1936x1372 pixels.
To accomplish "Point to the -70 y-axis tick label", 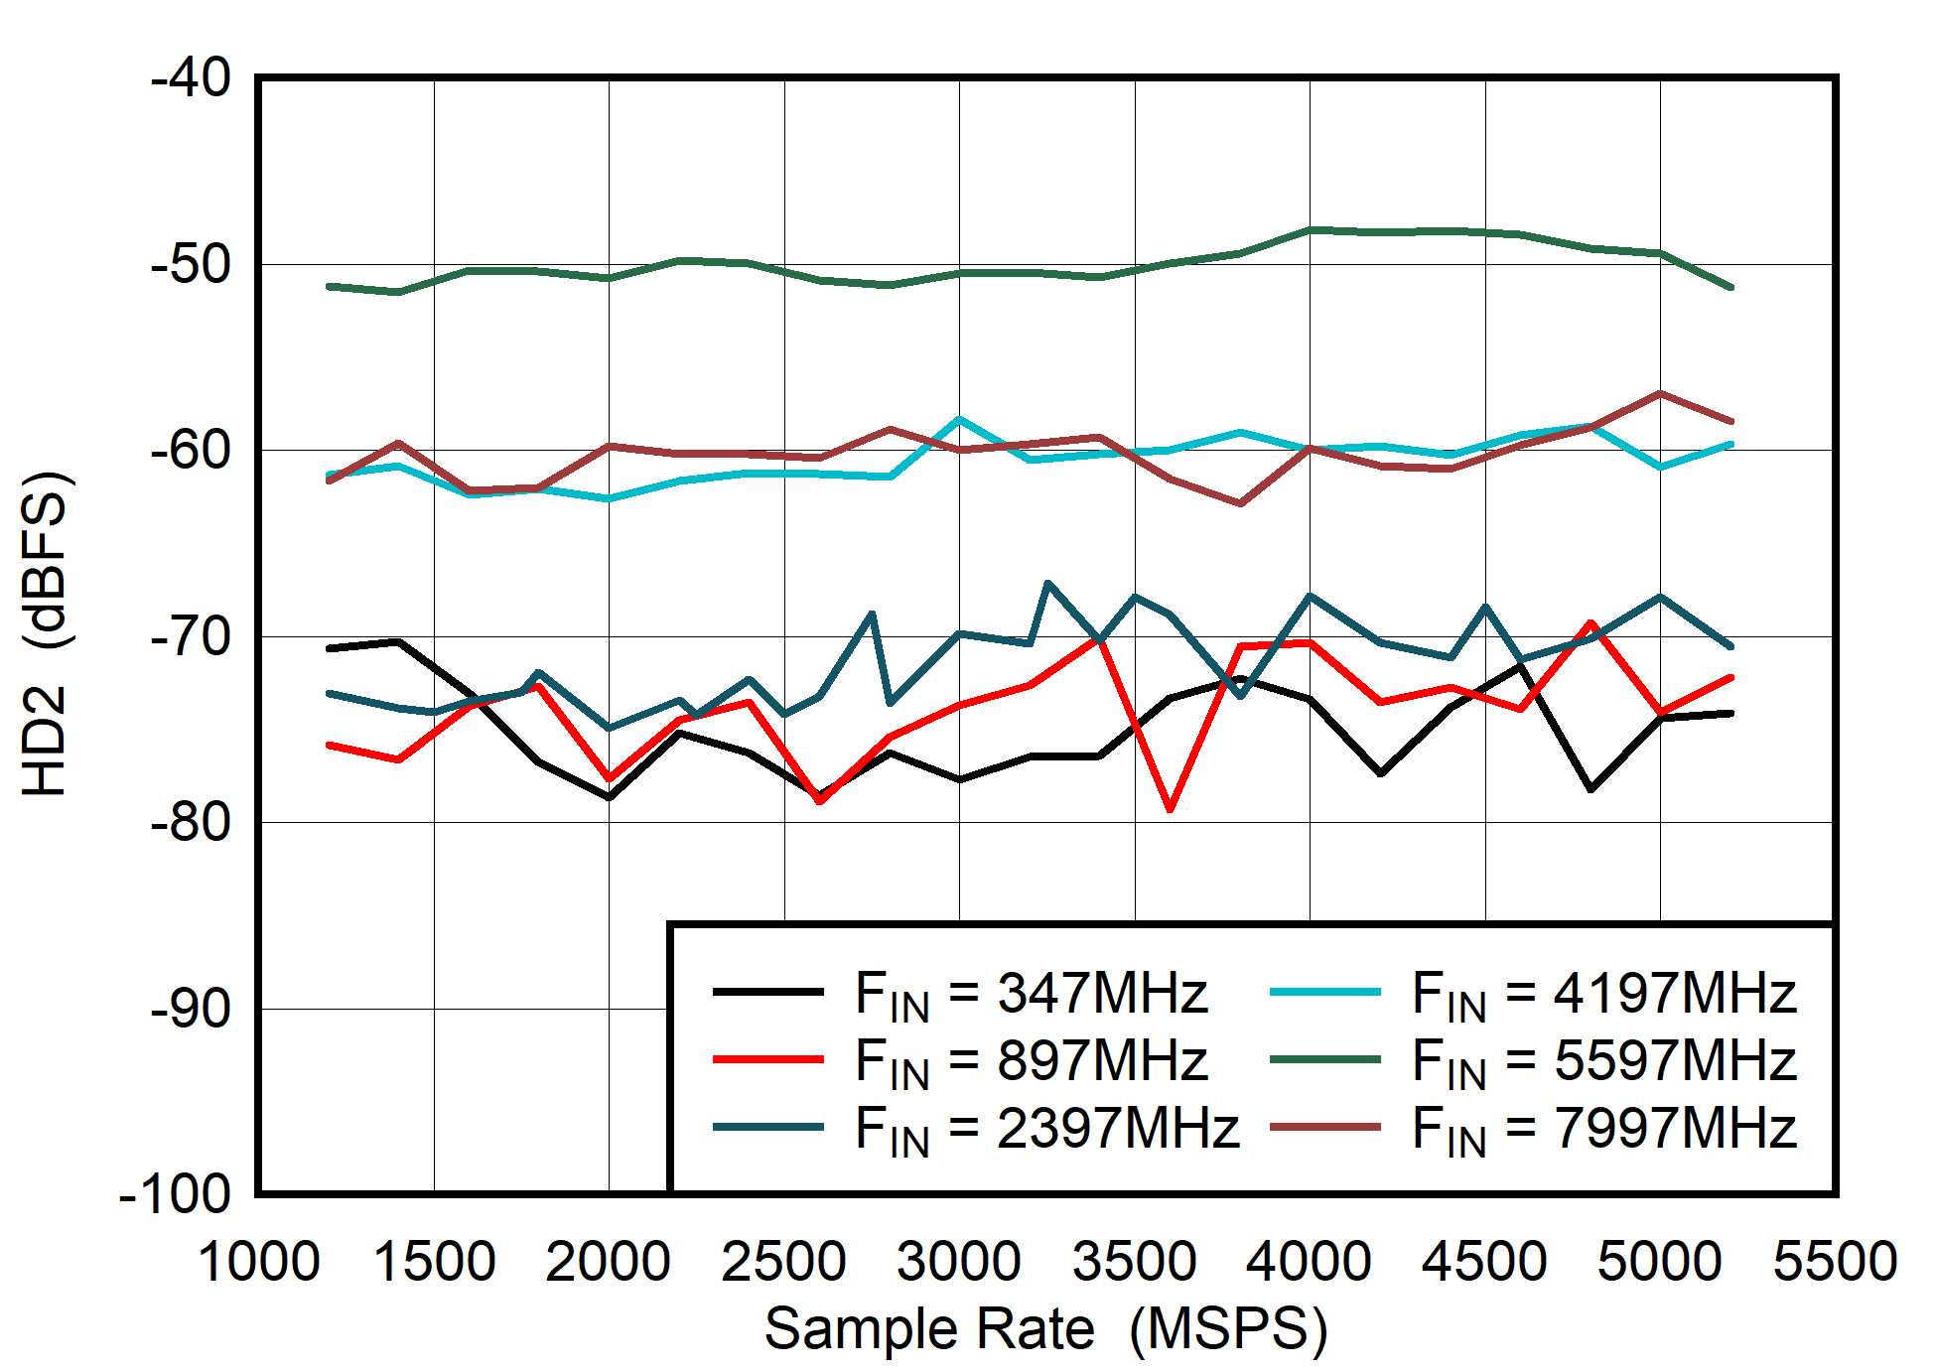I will pyautogui.click(x=191, y=636).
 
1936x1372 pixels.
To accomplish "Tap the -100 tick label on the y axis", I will pyautogui.click(x=175, y=1193).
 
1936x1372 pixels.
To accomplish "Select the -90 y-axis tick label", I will pyautogui.click(x=191, y=1009).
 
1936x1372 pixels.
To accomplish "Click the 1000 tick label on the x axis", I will pyautogui.click(x=258, y=1262).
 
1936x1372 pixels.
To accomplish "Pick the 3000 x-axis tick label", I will pyautogui.click(x=958, y=1262).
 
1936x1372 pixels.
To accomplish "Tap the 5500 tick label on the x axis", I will pyautogui.click(x=1835, y=1262).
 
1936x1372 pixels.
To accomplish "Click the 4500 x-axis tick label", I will pyautogui.click(x=1484, y=1262).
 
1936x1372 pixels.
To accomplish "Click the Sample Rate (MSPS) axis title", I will pyautogui.click(x=1045, y=1329).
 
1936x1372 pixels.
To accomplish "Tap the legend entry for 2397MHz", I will pyautogui.click(x=1046, y=1128).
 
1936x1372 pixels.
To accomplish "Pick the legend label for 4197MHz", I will pyautogui.click(x=1603, y=993).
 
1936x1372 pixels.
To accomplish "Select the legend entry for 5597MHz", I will pyautogui.click(x=1603, y=1060).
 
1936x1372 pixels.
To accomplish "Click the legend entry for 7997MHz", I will pyautogui.click(x=1603, y=1128).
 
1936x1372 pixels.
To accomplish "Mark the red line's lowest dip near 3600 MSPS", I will pyautogui.click(x=1170, y=809).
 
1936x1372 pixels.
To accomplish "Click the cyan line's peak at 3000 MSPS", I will pyautogui.click(x=959, y=420).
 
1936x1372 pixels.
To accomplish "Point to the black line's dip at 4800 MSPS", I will pyautogui.click(x=1590, y=789).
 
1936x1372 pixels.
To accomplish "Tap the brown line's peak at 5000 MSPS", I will pyautogui.click(x=1659, y=394).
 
